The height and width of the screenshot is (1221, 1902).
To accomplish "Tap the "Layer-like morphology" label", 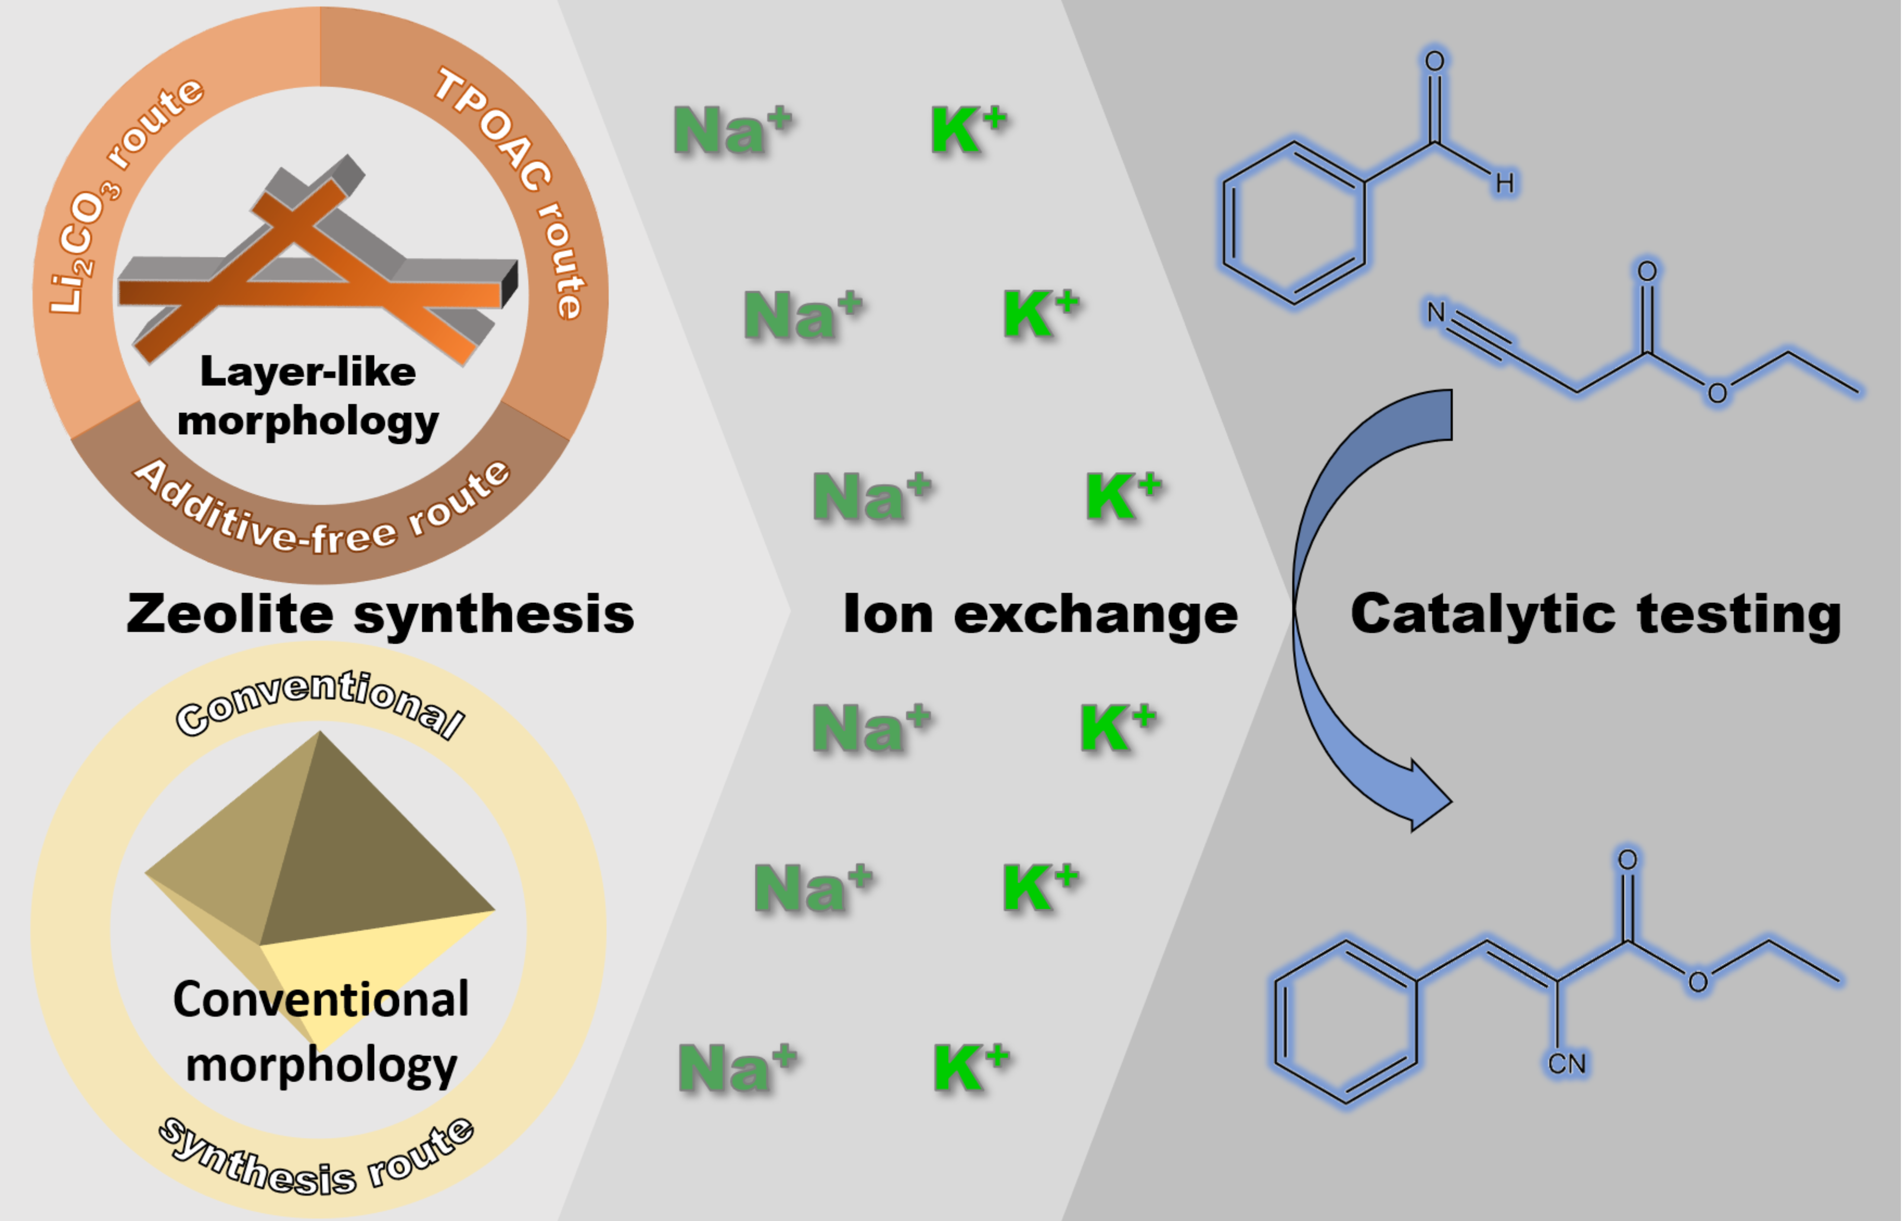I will click(308, 396).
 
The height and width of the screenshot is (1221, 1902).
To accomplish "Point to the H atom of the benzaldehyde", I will click(1504, 184).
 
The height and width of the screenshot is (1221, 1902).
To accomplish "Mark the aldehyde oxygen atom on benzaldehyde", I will click(1434, 61).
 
